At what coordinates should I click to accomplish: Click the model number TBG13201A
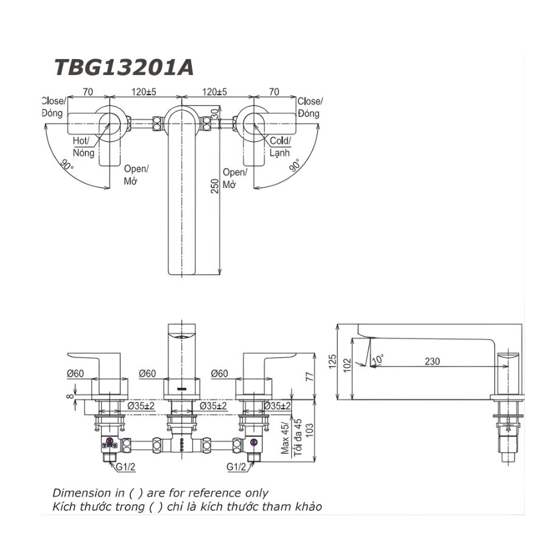(124, 67)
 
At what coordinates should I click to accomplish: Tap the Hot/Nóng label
(83, 147)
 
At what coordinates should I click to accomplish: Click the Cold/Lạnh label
(280, 147)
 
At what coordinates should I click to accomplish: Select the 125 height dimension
(332, 363)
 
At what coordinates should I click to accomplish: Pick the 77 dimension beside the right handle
(309, 377)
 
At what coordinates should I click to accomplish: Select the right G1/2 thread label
(236, 468)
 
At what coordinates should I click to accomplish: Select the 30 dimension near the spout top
(214, 114)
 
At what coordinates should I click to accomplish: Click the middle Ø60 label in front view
(148, 373)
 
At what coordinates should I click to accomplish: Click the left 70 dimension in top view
(87, 92)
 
